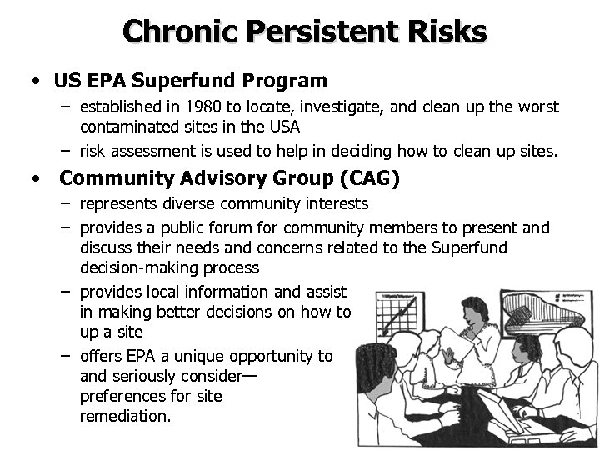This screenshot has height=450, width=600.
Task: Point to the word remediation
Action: (125, 416)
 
